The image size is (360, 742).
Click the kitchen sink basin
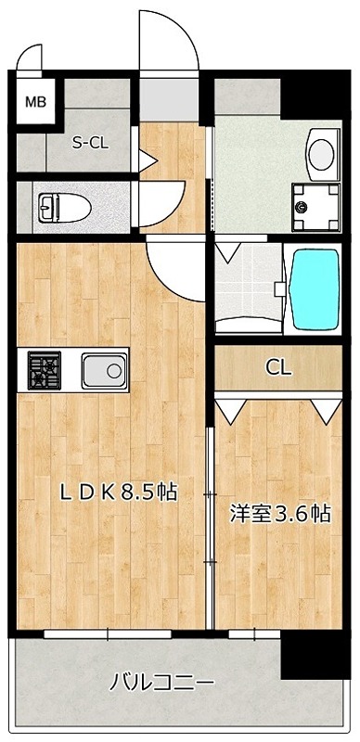pos(103,372)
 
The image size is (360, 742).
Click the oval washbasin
pos(322,152)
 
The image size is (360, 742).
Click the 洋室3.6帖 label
pos(279,513)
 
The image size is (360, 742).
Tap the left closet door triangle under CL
pos(231,407)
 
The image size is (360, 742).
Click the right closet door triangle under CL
pos(324,407)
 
